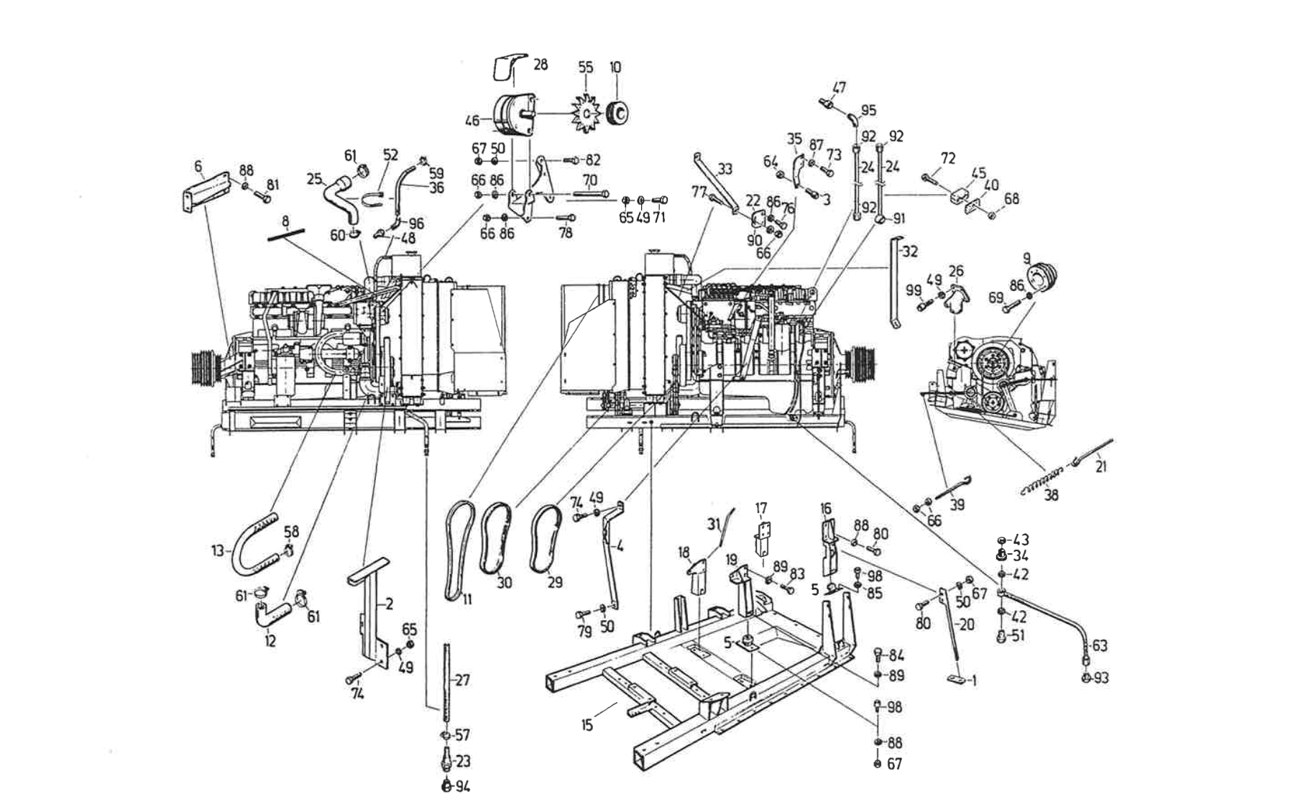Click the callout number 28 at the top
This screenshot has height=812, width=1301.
point(541,65)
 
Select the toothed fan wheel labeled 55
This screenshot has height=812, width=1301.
point(587,114)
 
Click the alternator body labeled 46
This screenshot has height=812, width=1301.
point(513,115)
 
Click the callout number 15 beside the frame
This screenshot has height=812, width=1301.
point(587,724)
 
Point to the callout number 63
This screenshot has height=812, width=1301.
point(1100,645)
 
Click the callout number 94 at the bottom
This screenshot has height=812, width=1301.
point(462,787)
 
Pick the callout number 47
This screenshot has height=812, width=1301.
point(839,88)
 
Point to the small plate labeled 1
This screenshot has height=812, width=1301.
point(955,680)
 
